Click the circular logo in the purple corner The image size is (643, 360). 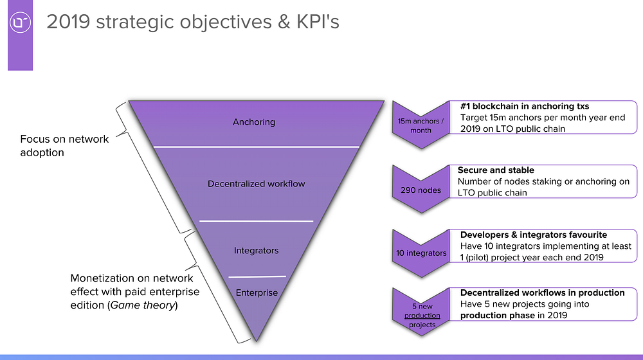[x=20, y=22]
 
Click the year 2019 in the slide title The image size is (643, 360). [x=68, y=22]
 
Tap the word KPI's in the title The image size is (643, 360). [x=318, y=22]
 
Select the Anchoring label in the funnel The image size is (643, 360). [x=254, y=122]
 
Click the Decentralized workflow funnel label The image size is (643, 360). [x=257, y=184]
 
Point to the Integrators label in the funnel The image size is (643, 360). [x=257, y=251]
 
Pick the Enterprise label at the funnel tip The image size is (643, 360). [x=257, y=292]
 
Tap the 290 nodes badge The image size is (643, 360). [x=421, y=190]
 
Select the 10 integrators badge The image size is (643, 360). [x=421, y=253]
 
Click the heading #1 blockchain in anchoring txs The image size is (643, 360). [x=525, y=106]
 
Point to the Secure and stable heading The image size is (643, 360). [x=496, y=170]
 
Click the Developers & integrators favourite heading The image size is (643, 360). [x=534, y=235]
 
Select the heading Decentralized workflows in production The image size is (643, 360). [x=542, y=292]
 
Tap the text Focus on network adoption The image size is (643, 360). [x=64, y=145]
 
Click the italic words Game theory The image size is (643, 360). [x=143, y=305]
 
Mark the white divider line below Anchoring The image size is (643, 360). [x=257, y=147]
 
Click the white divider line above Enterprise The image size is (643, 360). [x=257, y=277]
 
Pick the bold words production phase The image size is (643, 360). [x=498, y=315]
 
